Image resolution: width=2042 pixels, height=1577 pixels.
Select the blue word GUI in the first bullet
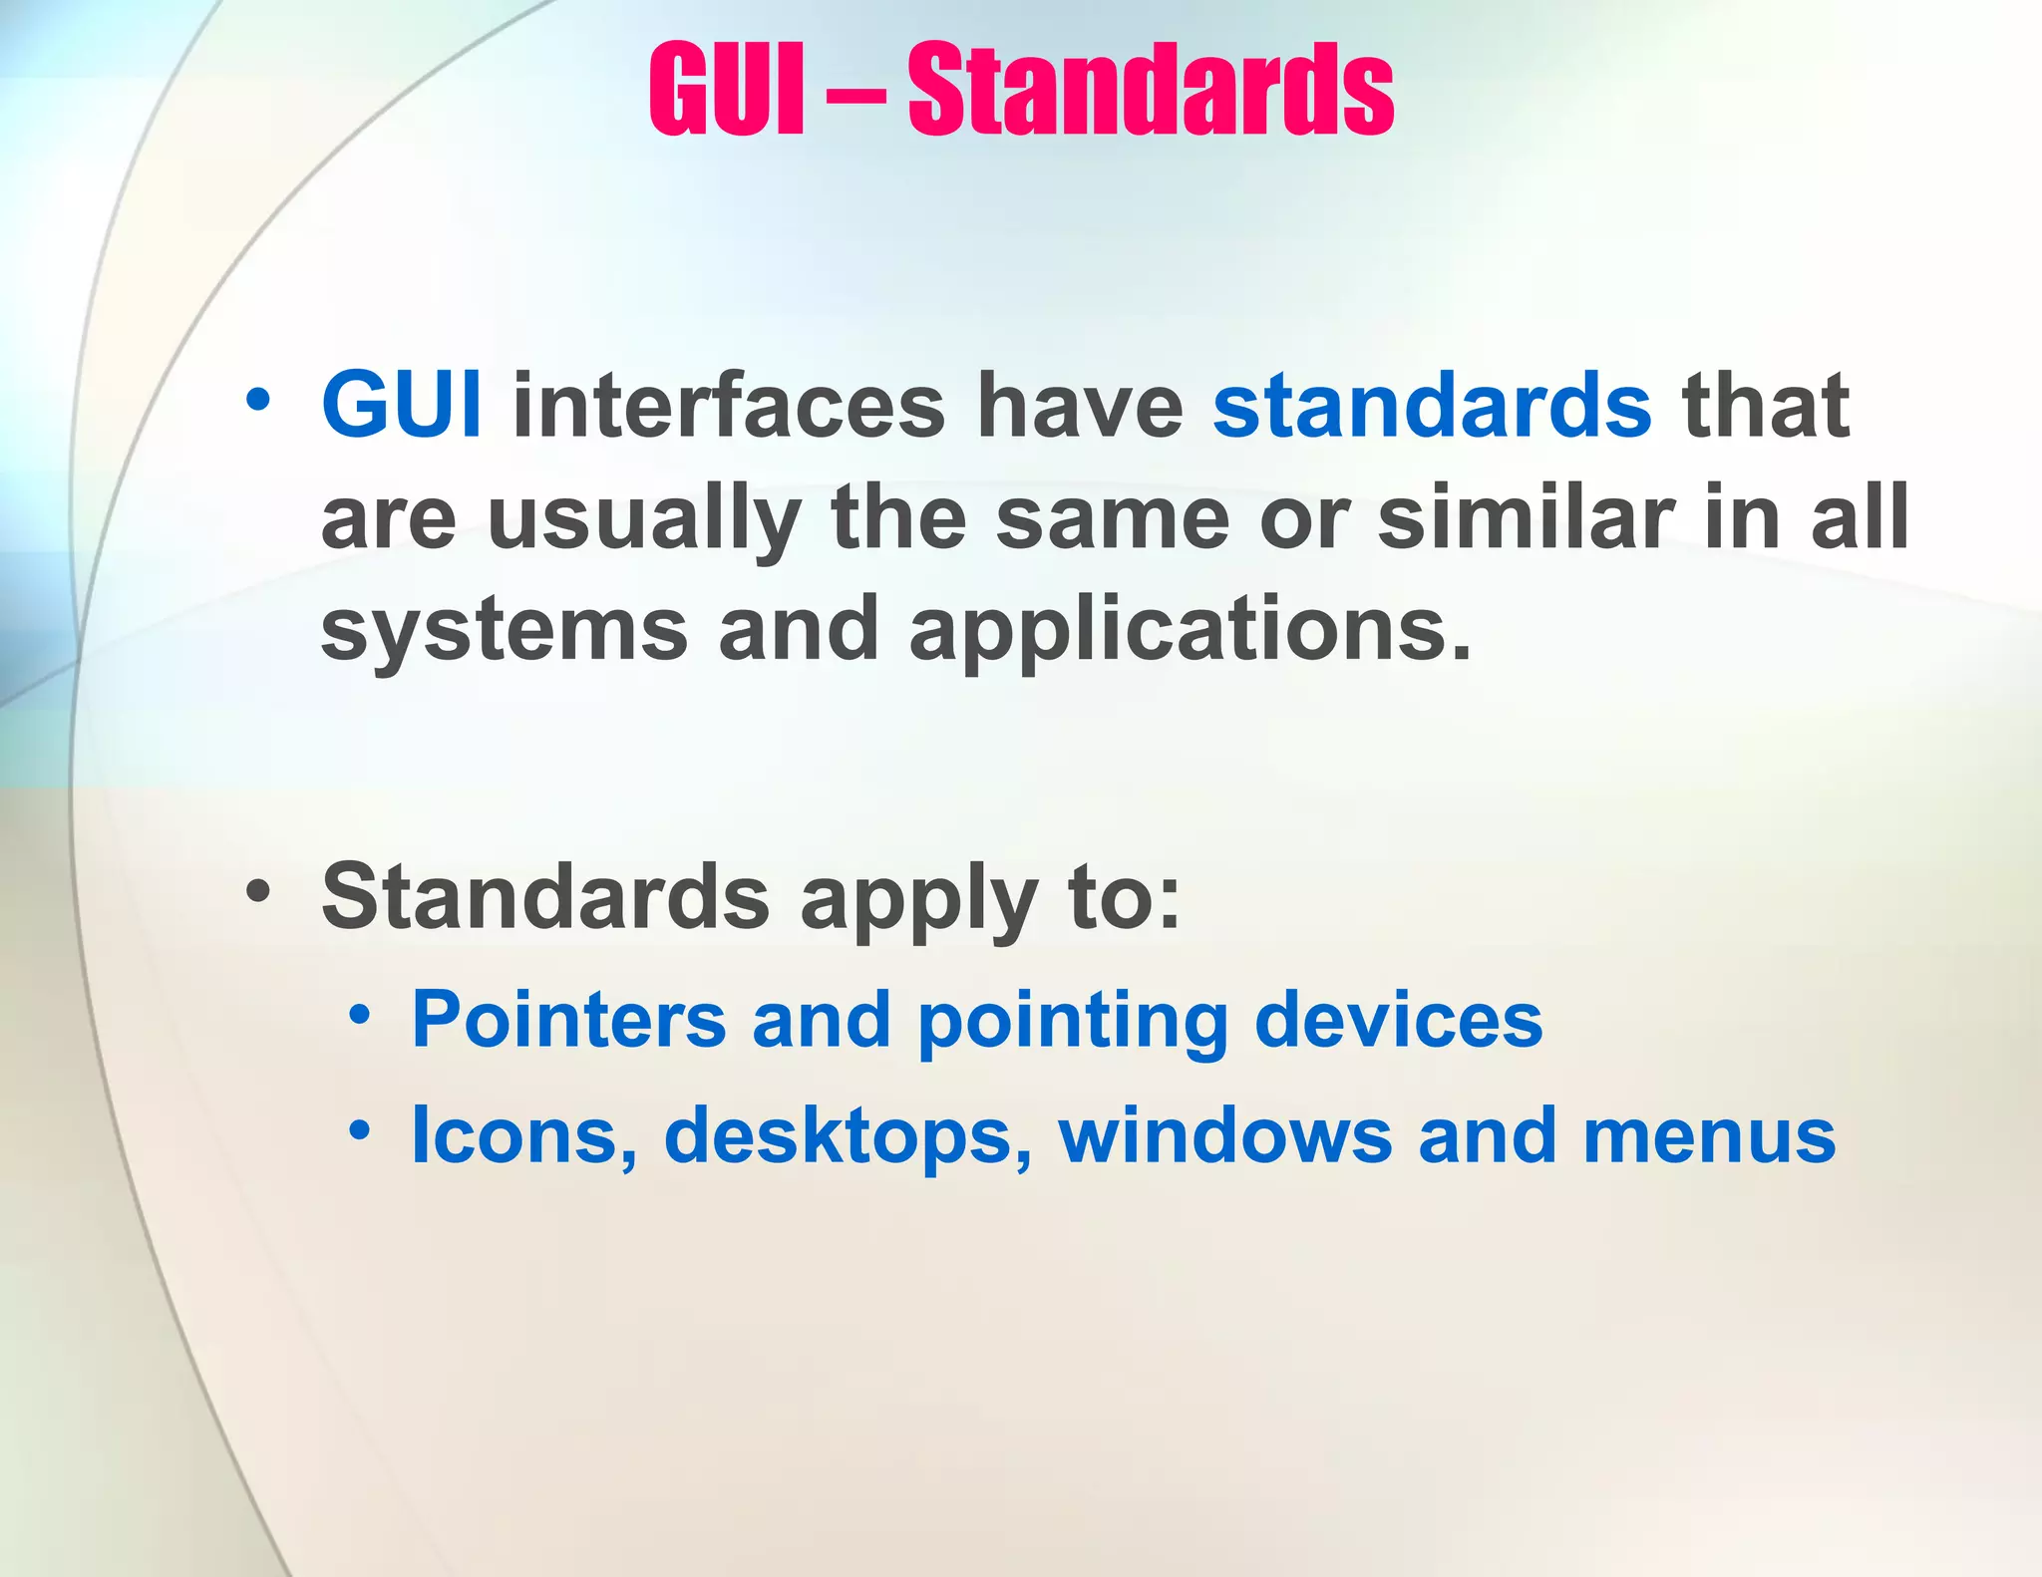(402, 405)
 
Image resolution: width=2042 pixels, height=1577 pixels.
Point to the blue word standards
(1432, 405)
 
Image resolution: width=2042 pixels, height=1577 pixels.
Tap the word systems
(505, 632)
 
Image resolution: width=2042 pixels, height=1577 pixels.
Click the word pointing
(1072, 1023)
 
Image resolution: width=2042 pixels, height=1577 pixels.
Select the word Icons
(524, 1136)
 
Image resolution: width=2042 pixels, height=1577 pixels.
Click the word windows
(1225, 1136)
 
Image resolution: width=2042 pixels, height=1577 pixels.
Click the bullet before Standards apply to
(258, 890)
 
